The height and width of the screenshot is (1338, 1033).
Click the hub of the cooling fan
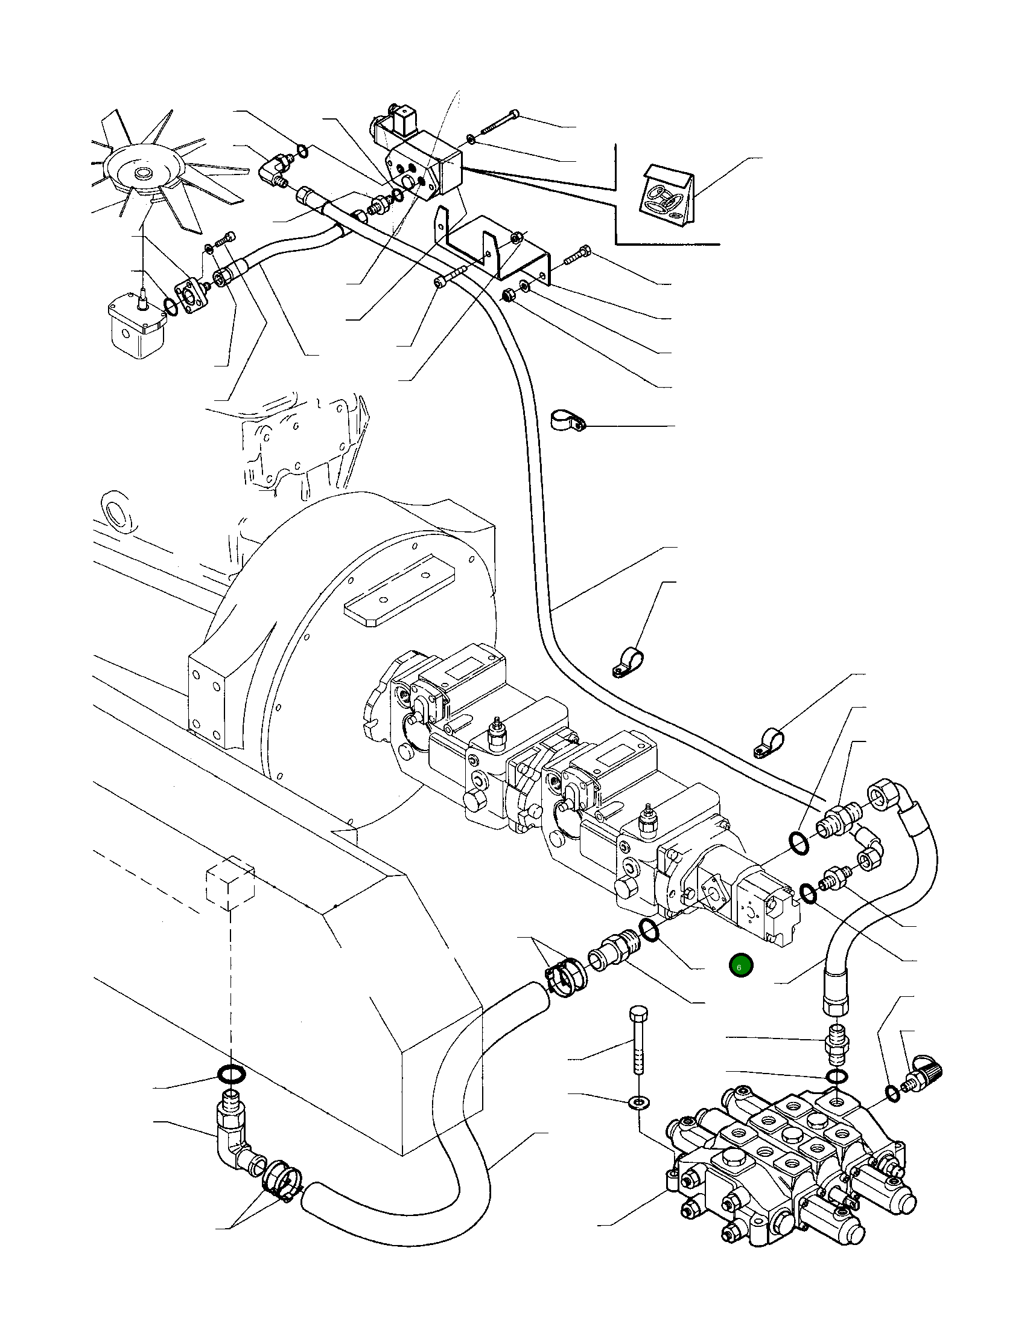(144, 174)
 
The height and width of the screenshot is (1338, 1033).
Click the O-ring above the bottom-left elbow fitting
(232, 1074)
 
